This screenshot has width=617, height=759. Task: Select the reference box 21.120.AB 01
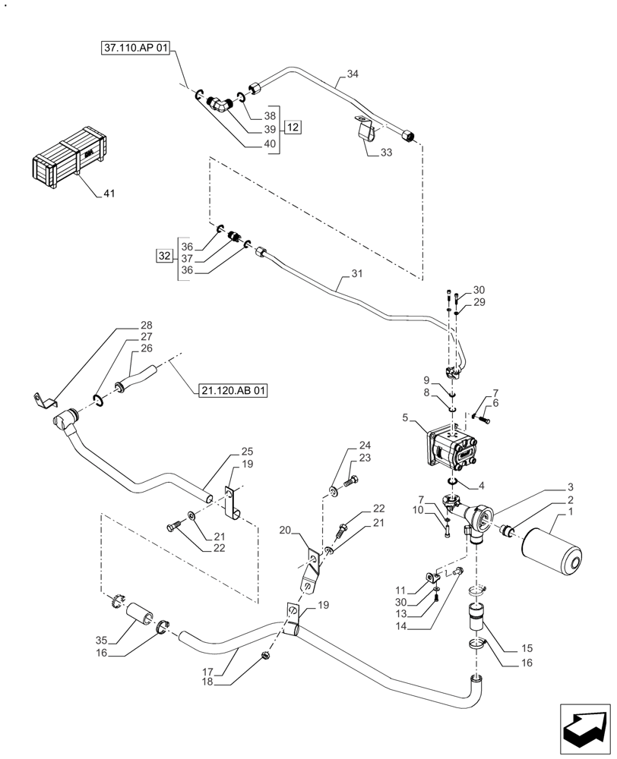coord(230,392)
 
